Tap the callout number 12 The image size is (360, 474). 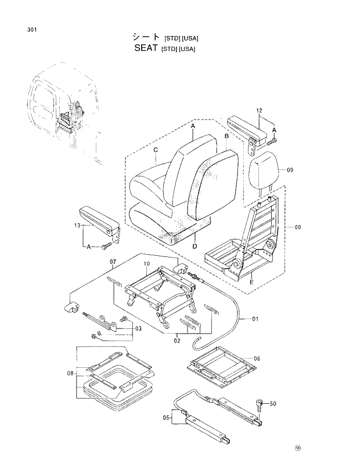(259, 110)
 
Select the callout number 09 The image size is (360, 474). (290, 170)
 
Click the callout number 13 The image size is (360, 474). (77, 225)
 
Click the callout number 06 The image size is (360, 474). (257, 359)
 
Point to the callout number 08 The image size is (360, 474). (70, 374)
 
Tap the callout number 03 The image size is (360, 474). (138, 329)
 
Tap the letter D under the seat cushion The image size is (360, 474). (195, 246)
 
